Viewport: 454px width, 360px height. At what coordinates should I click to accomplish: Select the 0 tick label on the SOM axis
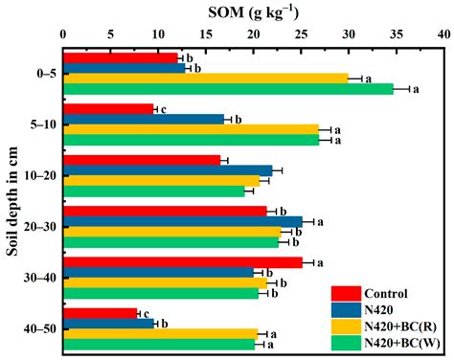tap(62, 32)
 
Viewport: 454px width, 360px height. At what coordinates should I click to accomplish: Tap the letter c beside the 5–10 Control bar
tap(164, 109)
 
